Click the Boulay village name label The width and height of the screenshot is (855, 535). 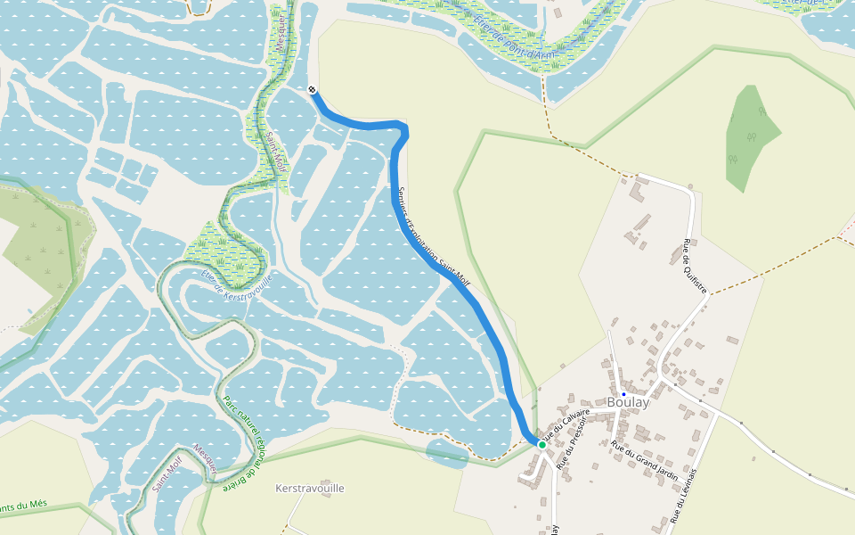pos(628,402)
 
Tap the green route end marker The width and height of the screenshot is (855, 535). pos(541,444)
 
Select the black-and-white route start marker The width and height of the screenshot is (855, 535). pos(312,89)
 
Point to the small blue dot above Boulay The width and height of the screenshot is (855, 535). pos(623,393)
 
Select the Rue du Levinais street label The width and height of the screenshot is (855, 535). pos(683,495)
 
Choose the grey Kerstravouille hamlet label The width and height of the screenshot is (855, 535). pos(310,489)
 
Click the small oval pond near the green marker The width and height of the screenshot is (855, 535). pos(446,453)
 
